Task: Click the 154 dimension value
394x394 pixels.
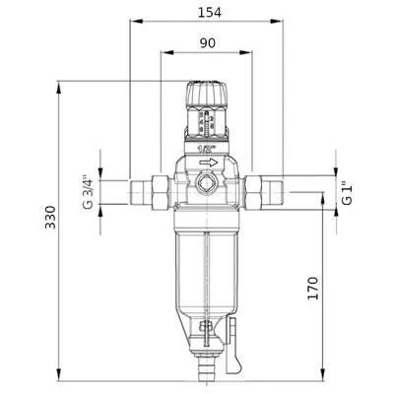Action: [209, 13]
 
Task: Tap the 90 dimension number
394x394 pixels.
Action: [208, 43]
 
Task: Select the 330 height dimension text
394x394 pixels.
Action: [50, 217]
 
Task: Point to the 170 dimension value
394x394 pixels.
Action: [313, 288]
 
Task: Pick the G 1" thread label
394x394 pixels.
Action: [347, 193]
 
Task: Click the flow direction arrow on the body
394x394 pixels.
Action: [209, 163]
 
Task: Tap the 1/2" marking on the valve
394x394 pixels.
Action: [207, 150]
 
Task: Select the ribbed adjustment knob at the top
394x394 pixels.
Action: [207, 94]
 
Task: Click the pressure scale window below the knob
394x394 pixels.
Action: [207, 122]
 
